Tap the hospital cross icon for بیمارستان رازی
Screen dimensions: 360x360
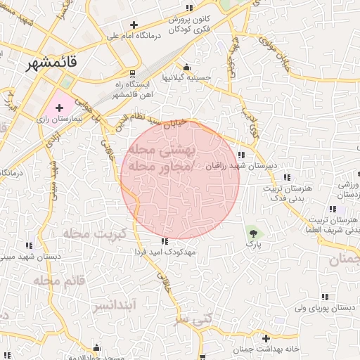[59, 108]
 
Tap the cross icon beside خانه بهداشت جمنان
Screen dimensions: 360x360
[265, 338]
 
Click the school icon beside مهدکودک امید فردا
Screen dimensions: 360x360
[165, 240]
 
